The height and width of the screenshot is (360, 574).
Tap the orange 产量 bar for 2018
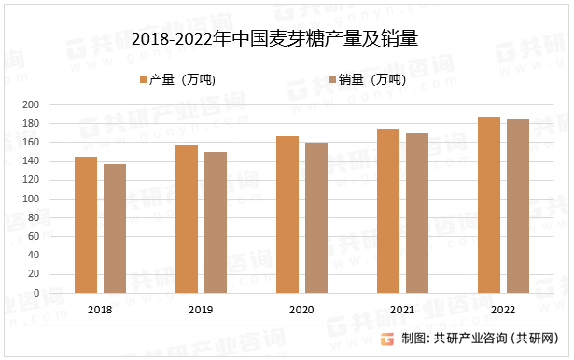[x=86, y=225]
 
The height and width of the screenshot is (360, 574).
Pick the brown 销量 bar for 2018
[x=115, y=228]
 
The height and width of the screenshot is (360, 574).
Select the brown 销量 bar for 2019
[x=216, y=222]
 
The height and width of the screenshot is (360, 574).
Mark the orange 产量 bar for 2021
[x=388, y=211]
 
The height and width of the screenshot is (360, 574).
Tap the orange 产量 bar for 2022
[x=489, y=204]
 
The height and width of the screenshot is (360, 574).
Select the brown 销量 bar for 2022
[x=518, y=206]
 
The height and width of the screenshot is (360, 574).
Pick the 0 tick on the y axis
[x=62, y=293]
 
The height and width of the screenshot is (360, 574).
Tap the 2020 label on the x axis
[x=301, y=309]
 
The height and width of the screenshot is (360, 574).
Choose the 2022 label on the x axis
[x=503, y=309]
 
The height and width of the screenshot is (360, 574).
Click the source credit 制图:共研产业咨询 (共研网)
[x=479, y=339]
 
